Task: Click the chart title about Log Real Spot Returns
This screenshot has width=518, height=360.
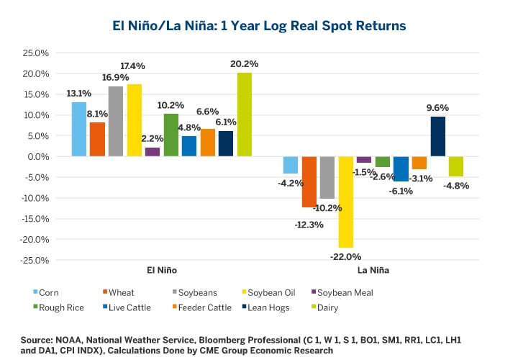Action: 259,25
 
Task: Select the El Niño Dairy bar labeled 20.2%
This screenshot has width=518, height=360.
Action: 245,114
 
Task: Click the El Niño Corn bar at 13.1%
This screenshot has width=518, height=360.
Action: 79,130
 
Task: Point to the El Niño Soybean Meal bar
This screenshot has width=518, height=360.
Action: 153,152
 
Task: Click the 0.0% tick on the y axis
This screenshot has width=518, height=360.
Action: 37,157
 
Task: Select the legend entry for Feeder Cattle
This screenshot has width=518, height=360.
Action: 206,308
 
